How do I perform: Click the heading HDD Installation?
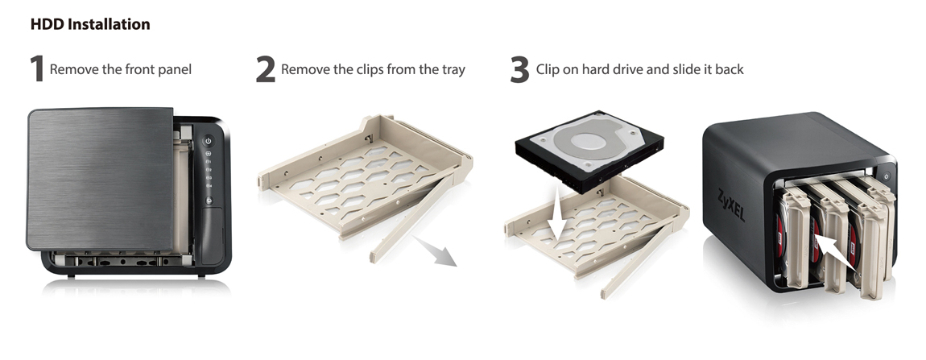coord(90,24)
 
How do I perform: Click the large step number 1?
coord(37,69)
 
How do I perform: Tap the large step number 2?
coord(265,69)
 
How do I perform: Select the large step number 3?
coord(519,69)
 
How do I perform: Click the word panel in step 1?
coord(174,70)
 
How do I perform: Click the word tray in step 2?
coord(451,70)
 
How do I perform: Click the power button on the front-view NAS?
coord(208,141)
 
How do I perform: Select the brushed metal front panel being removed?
coord(101,179)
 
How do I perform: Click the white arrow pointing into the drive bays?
coord(834,252)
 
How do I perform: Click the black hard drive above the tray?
coord(589,151)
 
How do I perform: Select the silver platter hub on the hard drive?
coord(586,141)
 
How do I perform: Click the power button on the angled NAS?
coord(886,176)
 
